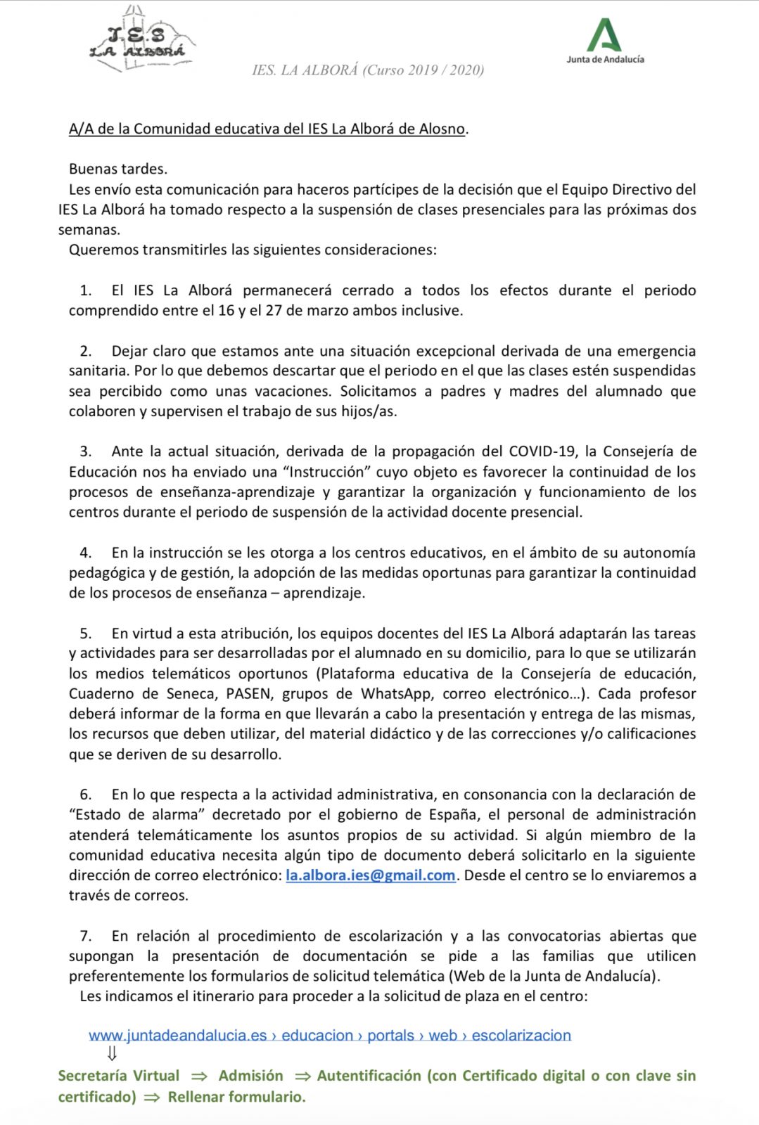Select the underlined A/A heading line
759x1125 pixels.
[x=267, y=129]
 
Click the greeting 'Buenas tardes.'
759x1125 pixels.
[x=118, y=169]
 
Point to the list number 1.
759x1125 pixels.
[x=86, y=290]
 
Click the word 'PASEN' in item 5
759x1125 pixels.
[x=248, y=694]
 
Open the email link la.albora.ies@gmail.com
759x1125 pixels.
[x=371, y=875]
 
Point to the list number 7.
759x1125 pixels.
[x=86, y=936]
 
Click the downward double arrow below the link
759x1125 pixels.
[x=111, y=1053]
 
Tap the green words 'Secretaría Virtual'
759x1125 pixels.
[x=118, y=1076]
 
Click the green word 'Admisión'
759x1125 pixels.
[x=250, y=1076]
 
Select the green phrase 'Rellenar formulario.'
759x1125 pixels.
[x=236, y=1097]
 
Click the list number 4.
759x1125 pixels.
[x=86, y=553]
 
